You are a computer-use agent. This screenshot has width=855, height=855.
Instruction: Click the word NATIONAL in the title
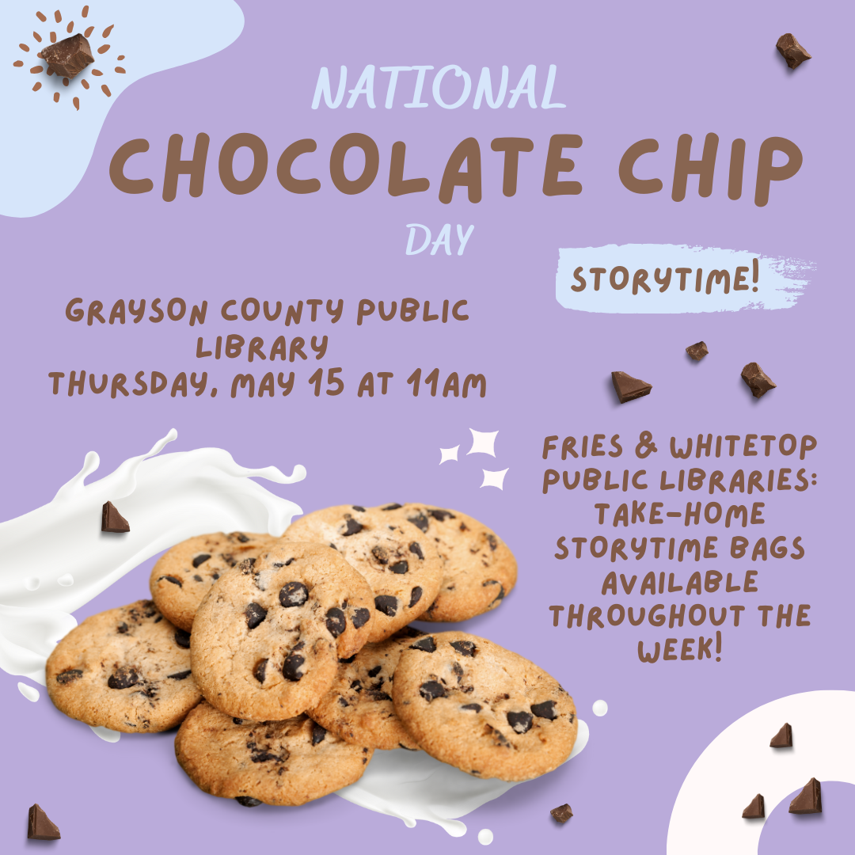439,87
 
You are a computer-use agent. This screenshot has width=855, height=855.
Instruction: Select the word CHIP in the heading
710,169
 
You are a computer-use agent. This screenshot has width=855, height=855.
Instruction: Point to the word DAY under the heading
439,239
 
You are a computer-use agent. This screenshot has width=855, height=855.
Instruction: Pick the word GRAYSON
136,311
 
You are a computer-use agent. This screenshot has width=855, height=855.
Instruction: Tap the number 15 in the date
326,382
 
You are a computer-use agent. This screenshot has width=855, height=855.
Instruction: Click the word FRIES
583,446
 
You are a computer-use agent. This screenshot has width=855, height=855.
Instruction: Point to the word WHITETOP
743,446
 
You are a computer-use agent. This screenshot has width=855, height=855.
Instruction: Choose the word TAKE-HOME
679,514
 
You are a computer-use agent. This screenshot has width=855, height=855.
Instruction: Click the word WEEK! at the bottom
680,649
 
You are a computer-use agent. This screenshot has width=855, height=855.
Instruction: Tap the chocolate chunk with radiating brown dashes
67,55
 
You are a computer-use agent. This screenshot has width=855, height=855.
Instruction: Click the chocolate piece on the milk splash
115,517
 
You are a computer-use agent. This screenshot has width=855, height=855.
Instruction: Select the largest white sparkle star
484,443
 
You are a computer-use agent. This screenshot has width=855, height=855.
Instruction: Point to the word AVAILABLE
679,582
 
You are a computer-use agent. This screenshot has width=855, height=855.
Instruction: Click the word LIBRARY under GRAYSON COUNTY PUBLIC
262,348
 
